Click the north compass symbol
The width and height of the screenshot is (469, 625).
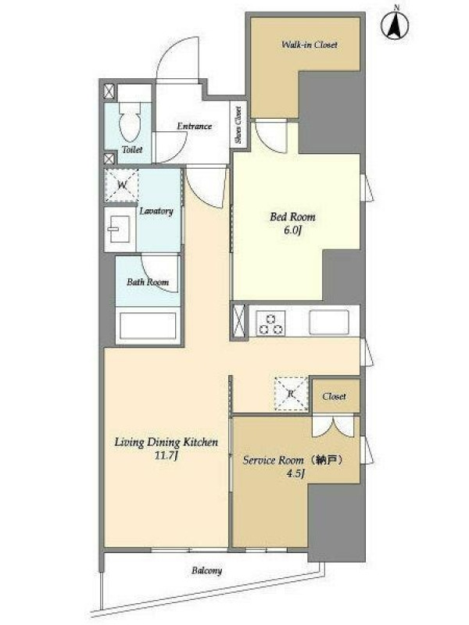coord(395,24)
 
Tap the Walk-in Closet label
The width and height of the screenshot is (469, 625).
coord(310,45)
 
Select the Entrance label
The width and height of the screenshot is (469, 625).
coord(194,127)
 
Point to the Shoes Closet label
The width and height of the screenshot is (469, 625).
coord(238,125)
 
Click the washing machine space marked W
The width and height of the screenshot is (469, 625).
coord(122,185)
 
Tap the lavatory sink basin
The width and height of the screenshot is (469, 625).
coord(120,229)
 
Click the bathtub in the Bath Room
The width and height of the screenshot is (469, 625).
coord(148,326)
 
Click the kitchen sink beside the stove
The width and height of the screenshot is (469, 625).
coord(329,323)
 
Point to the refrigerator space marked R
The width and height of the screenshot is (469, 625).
coord(291,394)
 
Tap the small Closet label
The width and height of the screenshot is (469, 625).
coord(335,397)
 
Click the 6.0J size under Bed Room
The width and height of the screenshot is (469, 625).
coord(292,230)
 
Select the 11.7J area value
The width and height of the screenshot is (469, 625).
coord(166,455)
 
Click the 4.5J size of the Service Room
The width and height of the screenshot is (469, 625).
coord(296,474)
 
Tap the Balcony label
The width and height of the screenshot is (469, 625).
coord(206,571)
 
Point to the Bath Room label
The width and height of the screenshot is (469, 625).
coord(148,282)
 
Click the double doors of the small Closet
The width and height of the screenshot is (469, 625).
coord(333,427)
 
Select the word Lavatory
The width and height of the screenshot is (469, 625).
coord(156,211)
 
